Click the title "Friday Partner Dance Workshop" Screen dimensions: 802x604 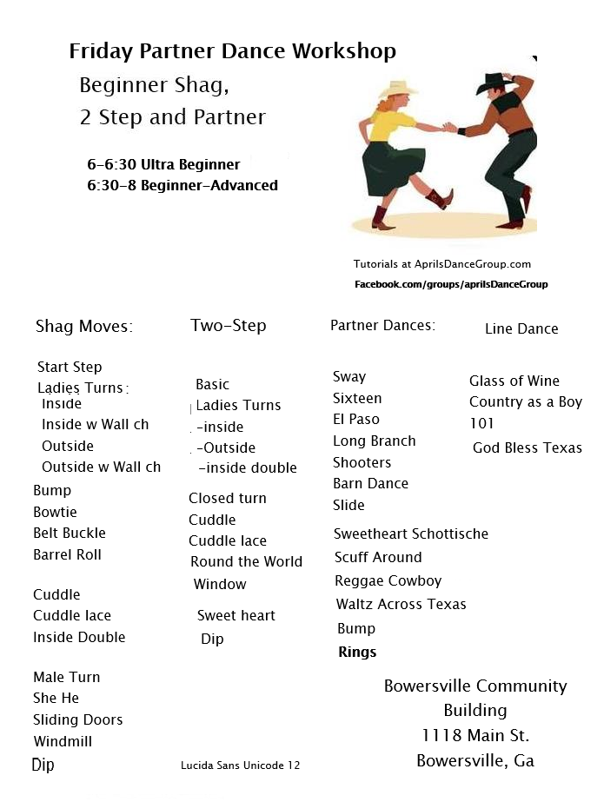(232, 51)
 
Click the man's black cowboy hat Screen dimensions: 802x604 (492, 83)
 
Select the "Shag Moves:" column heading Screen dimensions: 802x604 (83, 327)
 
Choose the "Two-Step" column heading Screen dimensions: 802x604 (229, 326)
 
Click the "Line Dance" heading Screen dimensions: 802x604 (521, 328)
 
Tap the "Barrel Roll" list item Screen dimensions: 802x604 (67, 554)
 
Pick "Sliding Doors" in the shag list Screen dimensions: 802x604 (77, 719)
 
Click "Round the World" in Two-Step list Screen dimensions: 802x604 (246, 561)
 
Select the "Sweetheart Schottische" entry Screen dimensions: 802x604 (411, 534)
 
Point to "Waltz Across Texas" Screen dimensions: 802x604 (401, 604)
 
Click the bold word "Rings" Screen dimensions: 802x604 (357, 652)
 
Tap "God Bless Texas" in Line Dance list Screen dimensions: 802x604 (528, 447)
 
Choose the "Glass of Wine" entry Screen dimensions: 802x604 (514, 381)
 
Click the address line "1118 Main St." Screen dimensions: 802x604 (475, 735)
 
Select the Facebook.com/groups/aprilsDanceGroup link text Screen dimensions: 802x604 (451, 284)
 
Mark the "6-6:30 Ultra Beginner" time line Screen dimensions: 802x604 (163, 164)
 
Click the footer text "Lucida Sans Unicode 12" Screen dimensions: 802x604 (240, 766)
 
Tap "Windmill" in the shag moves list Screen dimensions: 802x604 (63, 741)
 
